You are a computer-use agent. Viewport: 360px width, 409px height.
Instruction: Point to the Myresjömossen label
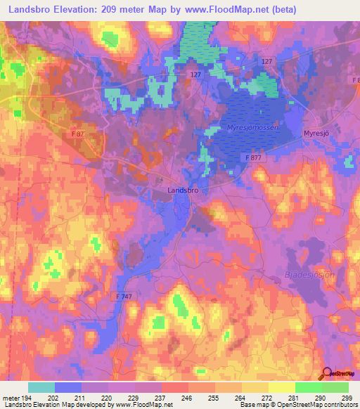tap(253, 127)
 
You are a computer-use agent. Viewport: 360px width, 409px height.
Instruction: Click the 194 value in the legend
tap(27, 398)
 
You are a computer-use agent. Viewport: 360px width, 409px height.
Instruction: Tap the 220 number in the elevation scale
tap(107, 398)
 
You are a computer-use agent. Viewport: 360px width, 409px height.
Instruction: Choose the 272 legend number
tap(267, 398)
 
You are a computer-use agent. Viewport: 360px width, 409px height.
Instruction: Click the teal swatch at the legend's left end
tap(41, 387)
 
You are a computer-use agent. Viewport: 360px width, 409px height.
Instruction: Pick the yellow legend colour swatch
tap(282, 387)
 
